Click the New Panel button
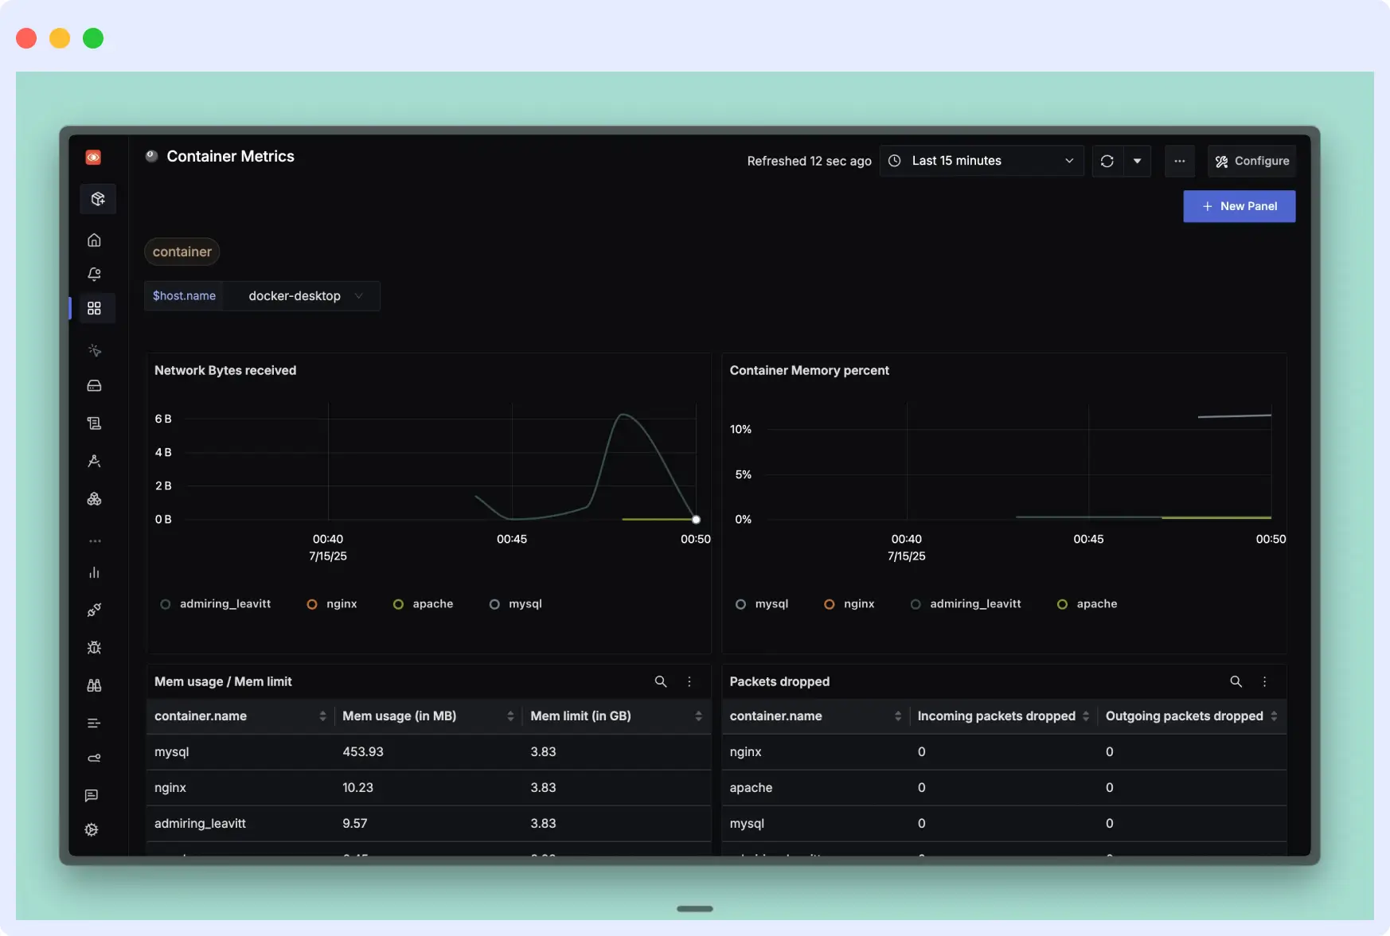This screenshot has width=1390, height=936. tap(1239, 206)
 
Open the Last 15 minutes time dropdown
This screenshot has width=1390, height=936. tap(981, 161)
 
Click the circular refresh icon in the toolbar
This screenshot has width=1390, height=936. tap(1107, 161)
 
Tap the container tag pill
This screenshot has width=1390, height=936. tap(182, 252)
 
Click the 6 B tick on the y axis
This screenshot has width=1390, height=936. tap(163, 419)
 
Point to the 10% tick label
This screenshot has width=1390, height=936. tap(740, 429)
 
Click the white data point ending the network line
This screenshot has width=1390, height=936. tap(696, 520)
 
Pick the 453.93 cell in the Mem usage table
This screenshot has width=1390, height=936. tap(363, 751)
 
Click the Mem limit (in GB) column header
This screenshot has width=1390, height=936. tap(580, 716)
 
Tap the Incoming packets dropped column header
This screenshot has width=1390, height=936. tap(996, 716)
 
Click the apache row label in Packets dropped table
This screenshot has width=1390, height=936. tap(751, 787)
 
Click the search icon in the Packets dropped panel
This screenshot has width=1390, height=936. tap(1236, 681)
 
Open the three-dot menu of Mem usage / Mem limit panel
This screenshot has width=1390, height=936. tap(689, 681)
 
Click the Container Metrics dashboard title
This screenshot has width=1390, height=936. tap(230, 157)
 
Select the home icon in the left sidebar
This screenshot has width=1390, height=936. tap(94, 240)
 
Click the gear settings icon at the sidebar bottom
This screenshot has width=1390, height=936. tap(92, 829)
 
